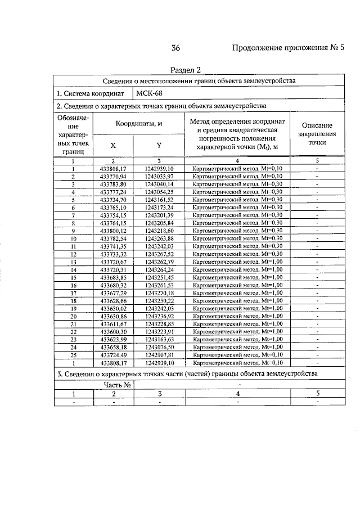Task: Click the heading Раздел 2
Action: click(185, 70)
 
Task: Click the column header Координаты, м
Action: click(139, 124)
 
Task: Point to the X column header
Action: click(113, 145)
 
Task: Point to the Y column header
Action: click(159, 145)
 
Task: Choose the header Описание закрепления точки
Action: click(317, 134)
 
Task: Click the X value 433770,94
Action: click(113, 176)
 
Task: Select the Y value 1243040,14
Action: click(159, 184)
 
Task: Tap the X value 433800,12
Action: click(113, 231)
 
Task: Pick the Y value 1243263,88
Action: click(159, 238)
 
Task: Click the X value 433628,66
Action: click(113, 301)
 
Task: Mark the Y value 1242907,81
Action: click(159, 355)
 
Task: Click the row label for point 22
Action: click(73, 332)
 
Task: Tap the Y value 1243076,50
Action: click(159, 348)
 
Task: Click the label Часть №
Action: click(118, 385)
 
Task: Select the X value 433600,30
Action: click(113, 332)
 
